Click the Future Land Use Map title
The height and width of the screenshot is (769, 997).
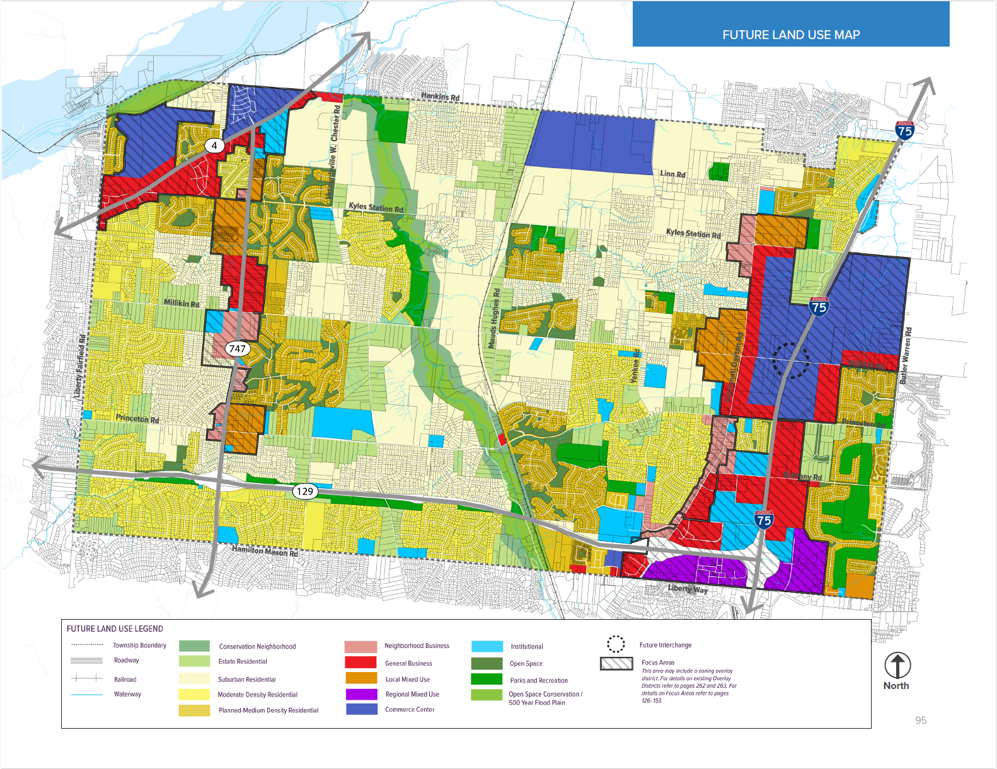(791, 35)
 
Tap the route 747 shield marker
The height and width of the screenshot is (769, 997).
(238, 348)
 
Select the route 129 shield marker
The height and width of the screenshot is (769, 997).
(304, 491)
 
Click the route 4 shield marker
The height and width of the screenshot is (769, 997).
(214, 145)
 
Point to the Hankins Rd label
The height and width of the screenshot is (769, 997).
(440, 96)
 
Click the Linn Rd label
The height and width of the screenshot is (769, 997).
(672, 174)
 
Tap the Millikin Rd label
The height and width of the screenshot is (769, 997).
(182, 303)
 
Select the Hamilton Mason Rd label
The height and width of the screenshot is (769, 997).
(265, 551)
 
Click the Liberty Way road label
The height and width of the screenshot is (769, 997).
(688, 589)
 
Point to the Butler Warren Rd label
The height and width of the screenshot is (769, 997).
(906, 356)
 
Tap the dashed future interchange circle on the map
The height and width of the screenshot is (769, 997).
(791, 361)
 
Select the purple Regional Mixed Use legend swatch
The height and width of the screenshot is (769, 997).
(361, 694)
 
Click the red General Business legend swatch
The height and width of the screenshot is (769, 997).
(361, 663)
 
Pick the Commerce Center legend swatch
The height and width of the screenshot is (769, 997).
(361, 709)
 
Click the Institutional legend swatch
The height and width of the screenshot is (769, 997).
(487, 646)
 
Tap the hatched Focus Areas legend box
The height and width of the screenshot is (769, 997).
(616, 663)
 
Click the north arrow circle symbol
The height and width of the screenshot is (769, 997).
(897, 665)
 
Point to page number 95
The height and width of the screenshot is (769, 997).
(921, 720)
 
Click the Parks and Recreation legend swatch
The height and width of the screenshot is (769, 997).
(487, 680)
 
